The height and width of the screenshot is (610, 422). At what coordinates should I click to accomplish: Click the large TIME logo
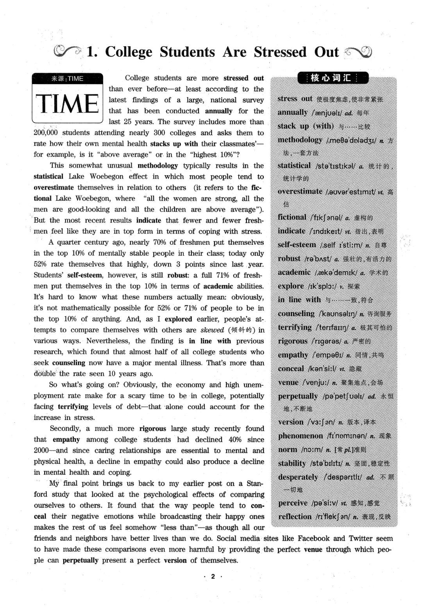coord(68,103)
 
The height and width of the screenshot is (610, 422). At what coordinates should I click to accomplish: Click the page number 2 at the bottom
coord(213,576)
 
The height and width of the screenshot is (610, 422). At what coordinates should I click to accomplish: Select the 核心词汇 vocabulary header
coord(333,78)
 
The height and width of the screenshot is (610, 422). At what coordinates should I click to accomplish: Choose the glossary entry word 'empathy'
coord(293,355)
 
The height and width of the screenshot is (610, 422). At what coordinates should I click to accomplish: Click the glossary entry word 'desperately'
coord(298,477)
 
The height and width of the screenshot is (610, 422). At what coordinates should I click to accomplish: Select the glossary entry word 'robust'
coord(289,258)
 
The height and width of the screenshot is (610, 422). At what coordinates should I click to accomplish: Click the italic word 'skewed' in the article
coord(212,330)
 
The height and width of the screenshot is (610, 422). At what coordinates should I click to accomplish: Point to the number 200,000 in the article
coord(46,133)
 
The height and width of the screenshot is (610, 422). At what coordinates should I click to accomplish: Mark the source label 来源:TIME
coord(68,78)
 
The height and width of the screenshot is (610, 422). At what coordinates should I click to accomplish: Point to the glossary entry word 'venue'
coord(288,382)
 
